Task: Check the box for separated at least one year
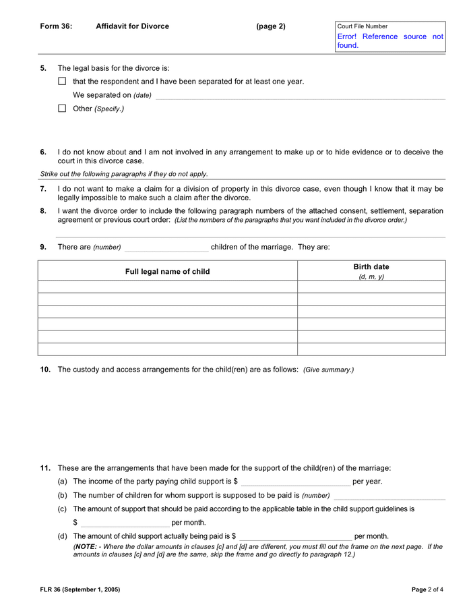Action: click(x=62, y=82)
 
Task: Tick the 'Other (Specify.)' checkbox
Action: click(x=62, y=109)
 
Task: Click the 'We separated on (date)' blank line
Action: click(x=300, y=96)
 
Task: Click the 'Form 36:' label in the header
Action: click(x=56, y=26)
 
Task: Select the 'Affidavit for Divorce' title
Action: click(x=132, y=26)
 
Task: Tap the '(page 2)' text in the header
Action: click(x=270, y=26)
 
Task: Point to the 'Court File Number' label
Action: click(x=363, y=26)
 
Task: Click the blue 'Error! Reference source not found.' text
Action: click(x=390, y=41)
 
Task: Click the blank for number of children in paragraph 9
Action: click(x=166, y=248)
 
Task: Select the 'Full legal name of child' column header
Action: click(x=167, y=272)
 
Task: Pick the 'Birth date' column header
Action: click(x=371, y=267)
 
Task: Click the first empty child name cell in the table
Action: click(x=167, y=287)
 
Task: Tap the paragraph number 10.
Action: click(x=45, y=370)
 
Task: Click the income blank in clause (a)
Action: click(x=295, y=482)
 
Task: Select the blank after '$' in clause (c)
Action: click(x=125, y=523)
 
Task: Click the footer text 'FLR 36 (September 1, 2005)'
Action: click(x=80, y=589)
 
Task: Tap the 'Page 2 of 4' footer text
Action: click(x=427, y=589)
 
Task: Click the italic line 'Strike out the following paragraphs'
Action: click(x=124, y=174)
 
